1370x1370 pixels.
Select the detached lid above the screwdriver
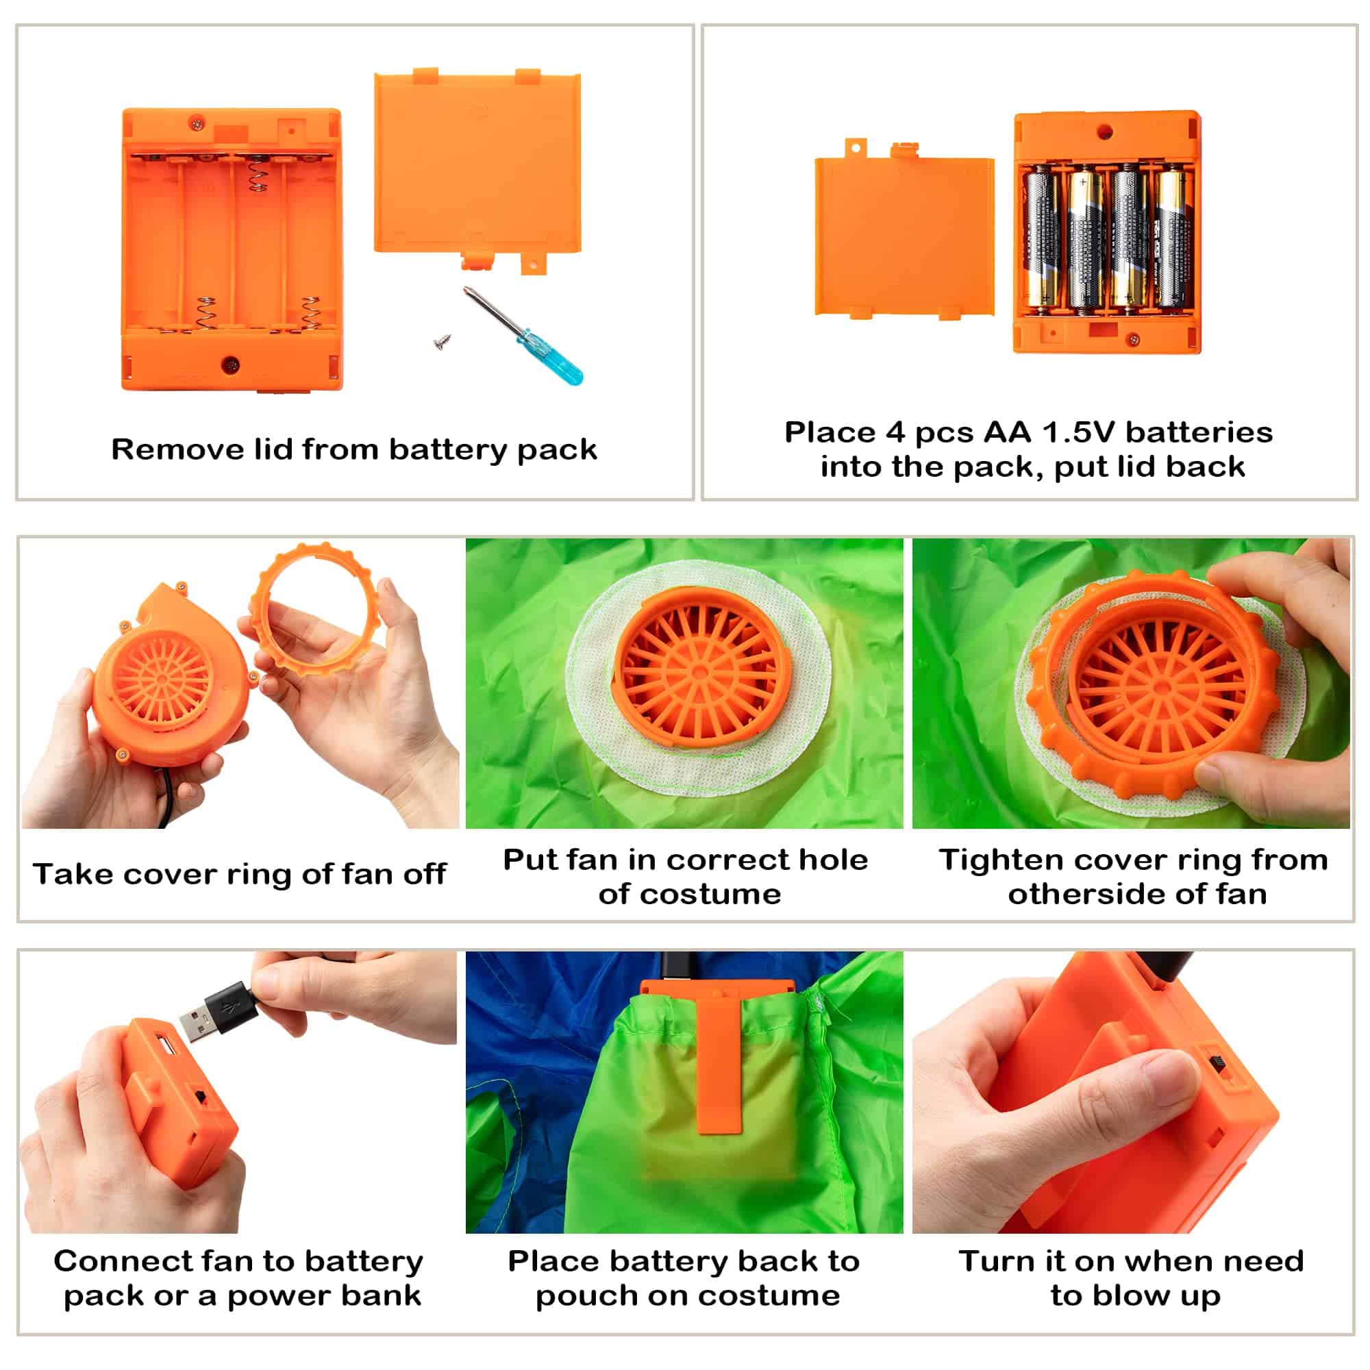(477, 170)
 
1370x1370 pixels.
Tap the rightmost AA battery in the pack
(1173, 238)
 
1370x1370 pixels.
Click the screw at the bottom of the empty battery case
(231, 364)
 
